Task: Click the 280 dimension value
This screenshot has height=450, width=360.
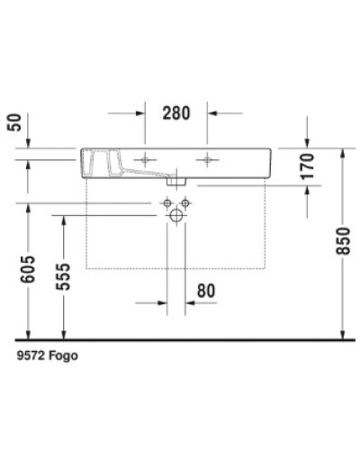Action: tap(175, 113)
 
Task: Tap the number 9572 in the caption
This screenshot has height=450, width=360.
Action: tap(31, 356)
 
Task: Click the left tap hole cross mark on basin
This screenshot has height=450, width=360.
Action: tap(144, 159)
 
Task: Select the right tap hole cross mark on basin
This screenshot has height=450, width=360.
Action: tap(209, 159)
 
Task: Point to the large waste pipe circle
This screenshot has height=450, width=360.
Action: tap(176, 216)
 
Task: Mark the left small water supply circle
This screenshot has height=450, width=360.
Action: tap(166, 205)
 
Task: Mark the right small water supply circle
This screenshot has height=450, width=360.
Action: tap(186, 205)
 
